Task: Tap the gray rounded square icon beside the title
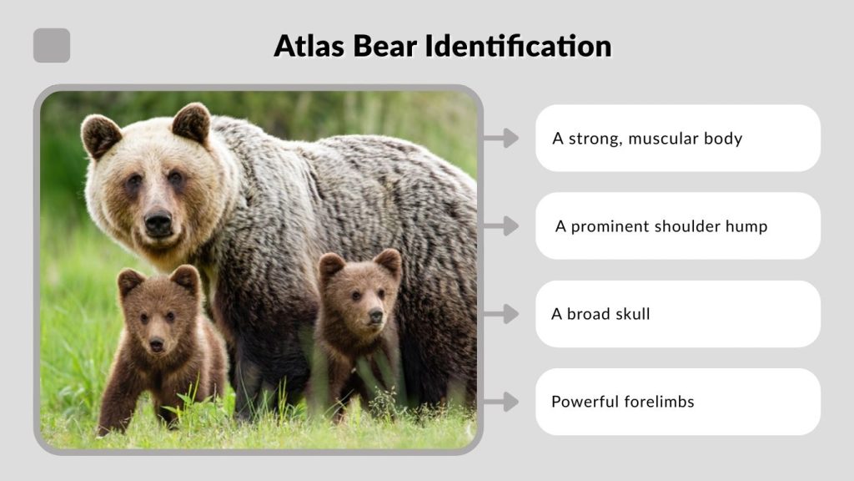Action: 52,45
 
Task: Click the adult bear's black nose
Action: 158,221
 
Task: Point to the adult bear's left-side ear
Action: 102,134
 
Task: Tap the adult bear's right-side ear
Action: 192,122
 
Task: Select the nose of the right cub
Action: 375,316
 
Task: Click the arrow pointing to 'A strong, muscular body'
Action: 500,138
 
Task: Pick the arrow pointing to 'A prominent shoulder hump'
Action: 500,225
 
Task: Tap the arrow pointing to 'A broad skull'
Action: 500,314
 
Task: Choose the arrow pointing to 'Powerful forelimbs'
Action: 500,402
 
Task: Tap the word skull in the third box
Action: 630,315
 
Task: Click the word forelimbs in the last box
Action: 659,402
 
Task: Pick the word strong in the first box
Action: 594,139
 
